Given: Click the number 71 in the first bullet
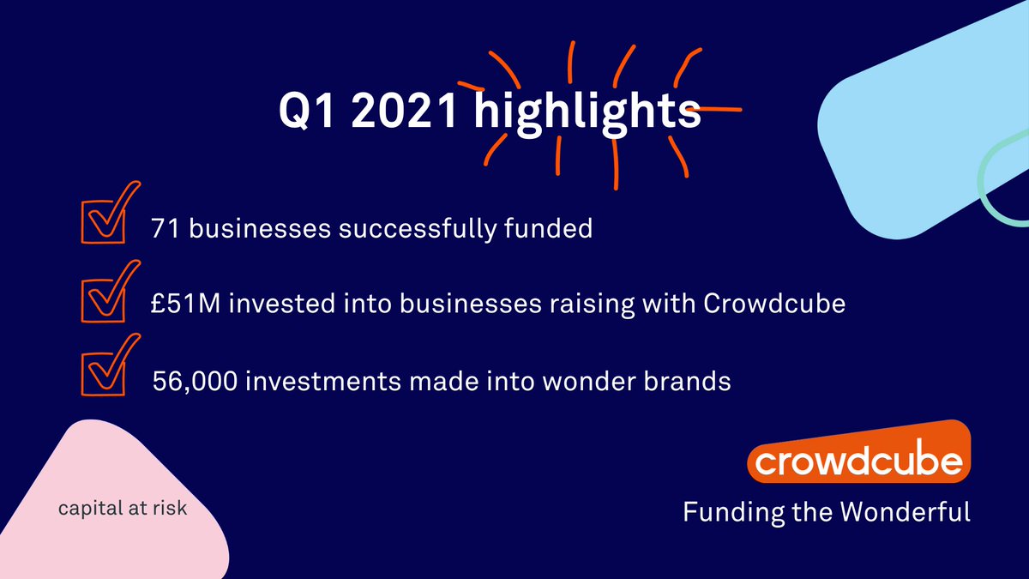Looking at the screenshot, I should click(x=162, y=230).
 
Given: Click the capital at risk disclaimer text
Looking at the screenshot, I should click(x=123, y=508).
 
